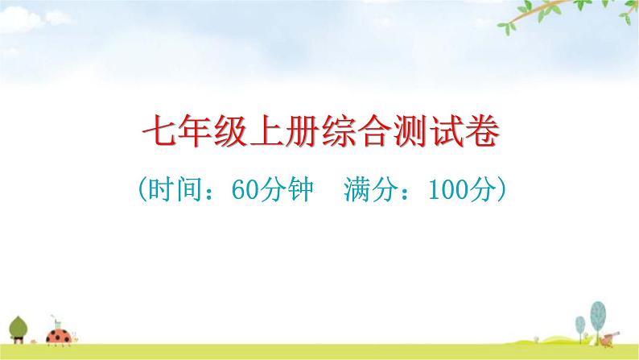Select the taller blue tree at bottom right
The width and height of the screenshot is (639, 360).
click(x=597, y=313)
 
